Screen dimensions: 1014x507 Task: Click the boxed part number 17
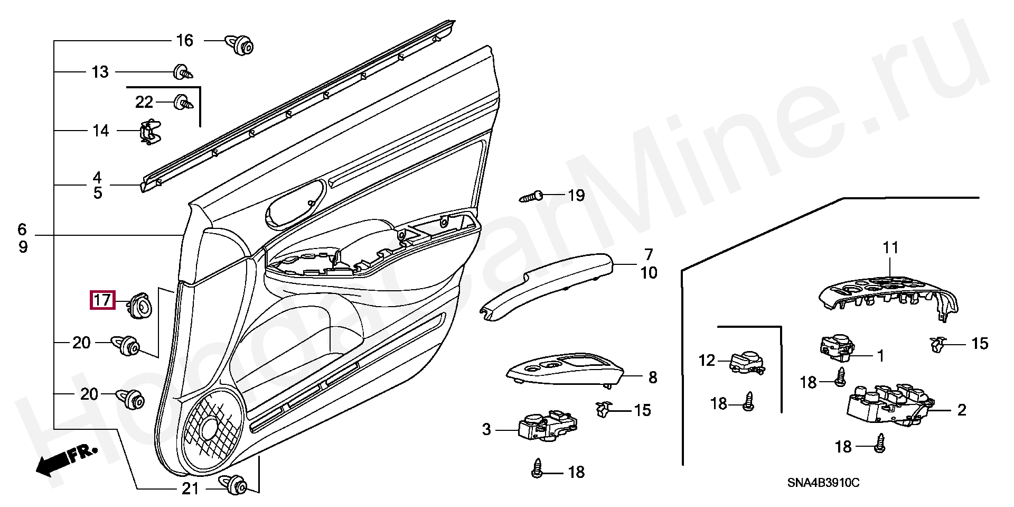click(x=102, y=300)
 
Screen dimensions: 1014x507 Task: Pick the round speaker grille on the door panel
click(x=213, y=425)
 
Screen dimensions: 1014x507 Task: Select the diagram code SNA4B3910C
click(x=823, y=483)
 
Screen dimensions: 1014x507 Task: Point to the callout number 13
click(x=100, y=72)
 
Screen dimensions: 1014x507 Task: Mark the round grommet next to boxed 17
click(x=141, y=306)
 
